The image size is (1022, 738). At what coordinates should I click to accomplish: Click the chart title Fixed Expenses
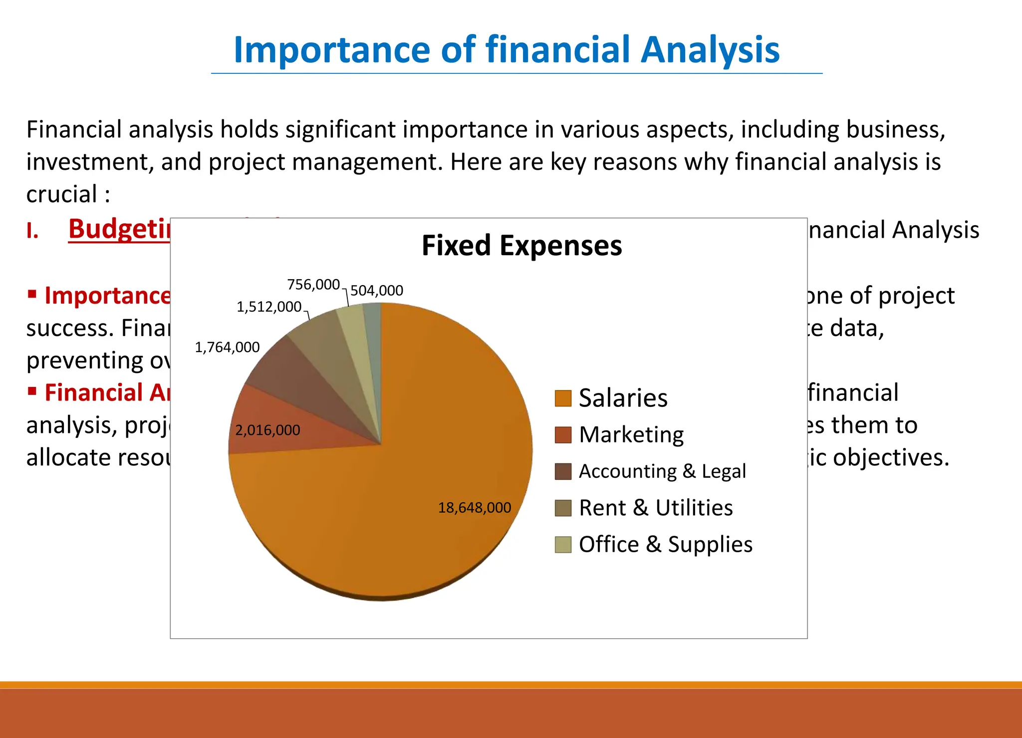click(x=521, y=246)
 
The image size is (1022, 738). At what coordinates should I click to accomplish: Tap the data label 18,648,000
click(x=475, y=508)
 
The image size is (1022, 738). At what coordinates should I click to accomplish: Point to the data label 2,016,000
click(x=267, y=430)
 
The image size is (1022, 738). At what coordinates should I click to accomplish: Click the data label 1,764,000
click(x=227, y=347)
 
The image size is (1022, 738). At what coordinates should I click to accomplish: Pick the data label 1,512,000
click(x=269, y=307)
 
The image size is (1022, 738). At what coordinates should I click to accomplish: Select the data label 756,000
click(x=313, y=285)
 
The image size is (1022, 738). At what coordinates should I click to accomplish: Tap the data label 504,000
click(x=377, y=291)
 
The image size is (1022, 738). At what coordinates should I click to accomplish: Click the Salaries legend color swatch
click(x=563, y=398)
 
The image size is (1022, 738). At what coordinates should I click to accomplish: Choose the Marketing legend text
click(x=631, y=435)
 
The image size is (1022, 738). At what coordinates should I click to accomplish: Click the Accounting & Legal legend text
click(x=662, y=471)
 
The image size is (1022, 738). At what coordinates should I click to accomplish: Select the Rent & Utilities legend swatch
click(x=563, y=508)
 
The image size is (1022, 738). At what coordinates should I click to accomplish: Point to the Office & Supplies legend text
click(x=666, y=544)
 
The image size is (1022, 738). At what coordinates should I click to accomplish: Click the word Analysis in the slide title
click(x=710, y=50)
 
